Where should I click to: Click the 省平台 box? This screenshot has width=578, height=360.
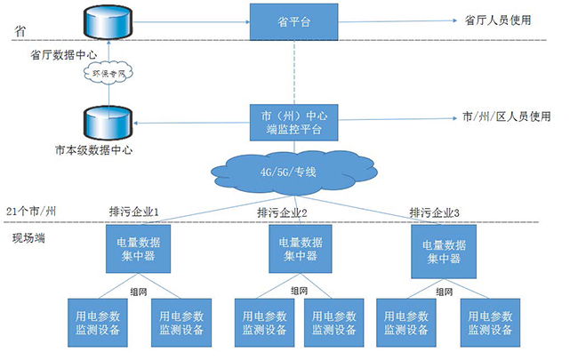tap(294, 20)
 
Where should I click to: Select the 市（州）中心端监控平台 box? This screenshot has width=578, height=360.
tap(293, 122)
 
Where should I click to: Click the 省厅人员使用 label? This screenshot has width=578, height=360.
tap(498, 20)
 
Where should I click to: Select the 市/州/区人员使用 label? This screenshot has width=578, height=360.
tap(507, 116)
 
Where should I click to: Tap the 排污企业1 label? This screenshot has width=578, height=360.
tap(133, 212)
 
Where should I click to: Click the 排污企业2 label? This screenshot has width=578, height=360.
tap(282, 212)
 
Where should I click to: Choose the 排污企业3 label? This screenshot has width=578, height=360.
tap(435, 212)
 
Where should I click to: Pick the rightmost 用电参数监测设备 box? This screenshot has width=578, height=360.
tap(490, 322)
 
